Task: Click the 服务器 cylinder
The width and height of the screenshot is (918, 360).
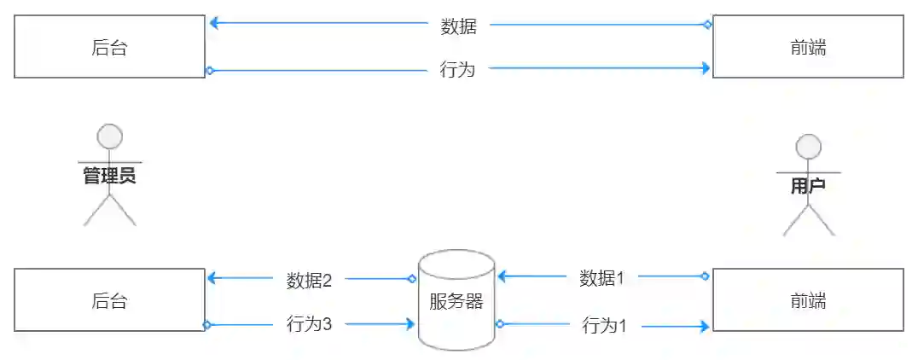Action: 456,300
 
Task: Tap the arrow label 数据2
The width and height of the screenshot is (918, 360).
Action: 309,280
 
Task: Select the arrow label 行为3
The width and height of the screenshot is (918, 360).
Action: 309,325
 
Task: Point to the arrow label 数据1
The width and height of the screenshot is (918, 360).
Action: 602,277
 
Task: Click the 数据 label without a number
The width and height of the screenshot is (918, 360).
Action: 459,26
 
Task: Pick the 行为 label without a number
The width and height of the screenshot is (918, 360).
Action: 457,70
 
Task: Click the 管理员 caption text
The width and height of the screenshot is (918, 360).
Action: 109,177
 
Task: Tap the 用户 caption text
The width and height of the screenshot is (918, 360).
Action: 808,187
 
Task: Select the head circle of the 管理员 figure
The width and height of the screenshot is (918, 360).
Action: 109,136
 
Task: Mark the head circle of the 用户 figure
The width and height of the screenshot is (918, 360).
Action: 808,147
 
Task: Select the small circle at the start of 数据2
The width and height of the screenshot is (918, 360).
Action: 412,278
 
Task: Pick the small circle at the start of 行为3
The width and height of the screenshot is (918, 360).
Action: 206,324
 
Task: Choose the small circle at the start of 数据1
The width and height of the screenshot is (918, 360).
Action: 706,276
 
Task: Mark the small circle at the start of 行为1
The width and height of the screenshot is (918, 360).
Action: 500,323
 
